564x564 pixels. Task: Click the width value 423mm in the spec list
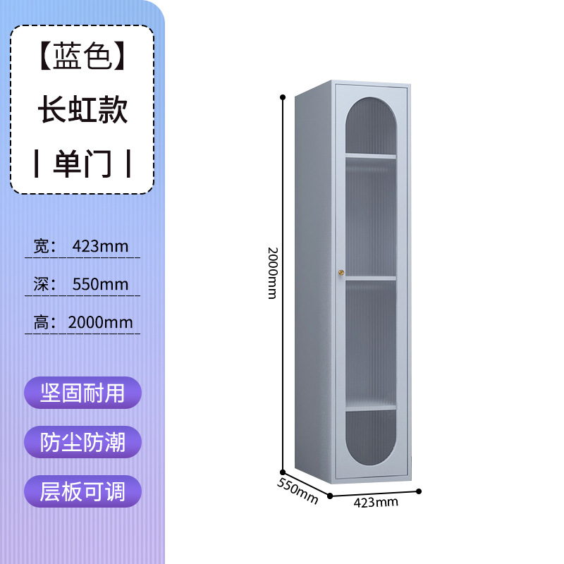100,246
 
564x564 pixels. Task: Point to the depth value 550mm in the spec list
100,284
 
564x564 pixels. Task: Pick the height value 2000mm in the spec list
100,322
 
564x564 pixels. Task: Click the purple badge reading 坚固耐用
82,393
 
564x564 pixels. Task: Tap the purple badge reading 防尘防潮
82,442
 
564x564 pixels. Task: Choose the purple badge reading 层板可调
82,491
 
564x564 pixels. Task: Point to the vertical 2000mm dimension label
271,272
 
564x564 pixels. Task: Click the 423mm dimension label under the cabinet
375,502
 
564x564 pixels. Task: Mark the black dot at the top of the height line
283,95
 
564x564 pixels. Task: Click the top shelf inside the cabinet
370,155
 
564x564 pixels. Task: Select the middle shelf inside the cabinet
370,278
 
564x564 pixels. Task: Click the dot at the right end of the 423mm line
419,491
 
